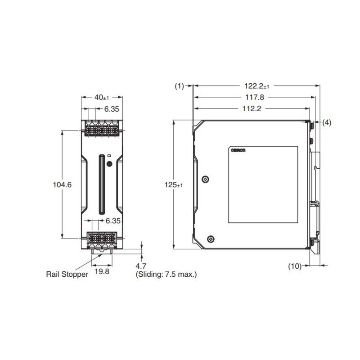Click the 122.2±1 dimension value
click(256, 85)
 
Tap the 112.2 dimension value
click(252, 108)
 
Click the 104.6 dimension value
click(63, 184)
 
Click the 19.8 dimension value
click(102, 271)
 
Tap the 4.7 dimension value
click(141, 266)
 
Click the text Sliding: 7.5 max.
click(166, 274)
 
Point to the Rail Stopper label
click(67, 274)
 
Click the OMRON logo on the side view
click(238, 151)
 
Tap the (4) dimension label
click(327, 122)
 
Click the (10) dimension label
click(294, 266)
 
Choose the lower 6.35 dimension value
click(113, 221)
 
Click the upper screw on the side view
click(205, 180)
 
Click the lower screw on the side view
click(210, 239)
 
